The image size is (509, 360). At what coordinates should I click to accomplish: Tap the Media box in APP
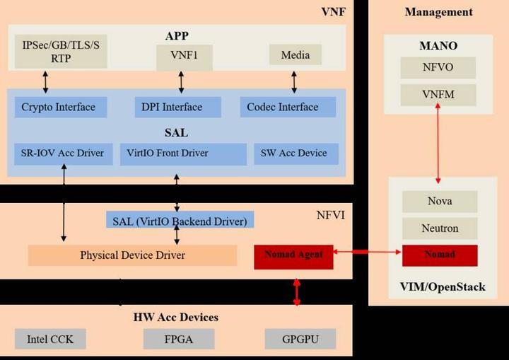tap(295, 54)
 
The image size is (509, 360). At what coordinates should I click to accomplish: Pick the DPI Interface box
tap(177, 108)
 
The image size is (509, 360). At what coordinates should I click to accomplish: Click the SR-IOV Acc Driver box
tap(63, 153)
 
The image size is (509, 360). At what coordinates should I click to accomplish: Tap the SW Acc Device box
tap(296, 153)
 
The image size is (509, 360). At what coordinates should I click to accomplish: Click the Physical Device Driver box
tap(132, 255)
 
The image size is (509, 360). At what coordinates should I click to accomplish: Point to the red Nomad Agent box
tap(293, 255)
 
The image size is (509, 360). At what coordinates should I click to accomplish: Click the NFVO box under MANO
tap(439, 69)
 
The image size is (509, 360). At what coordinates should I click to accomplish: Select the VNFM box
tap(439, 94)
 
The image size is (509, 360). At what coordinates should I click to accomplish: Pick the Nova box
tap(439, 202)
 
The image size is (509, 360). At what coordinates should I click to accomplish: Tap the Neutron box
tap(439, 228)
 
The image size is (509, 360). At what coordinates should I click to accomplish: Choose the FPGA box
tap(173, 339)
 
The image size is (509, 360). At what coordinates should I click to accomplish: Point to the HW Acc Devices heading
tap(175, 317)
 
